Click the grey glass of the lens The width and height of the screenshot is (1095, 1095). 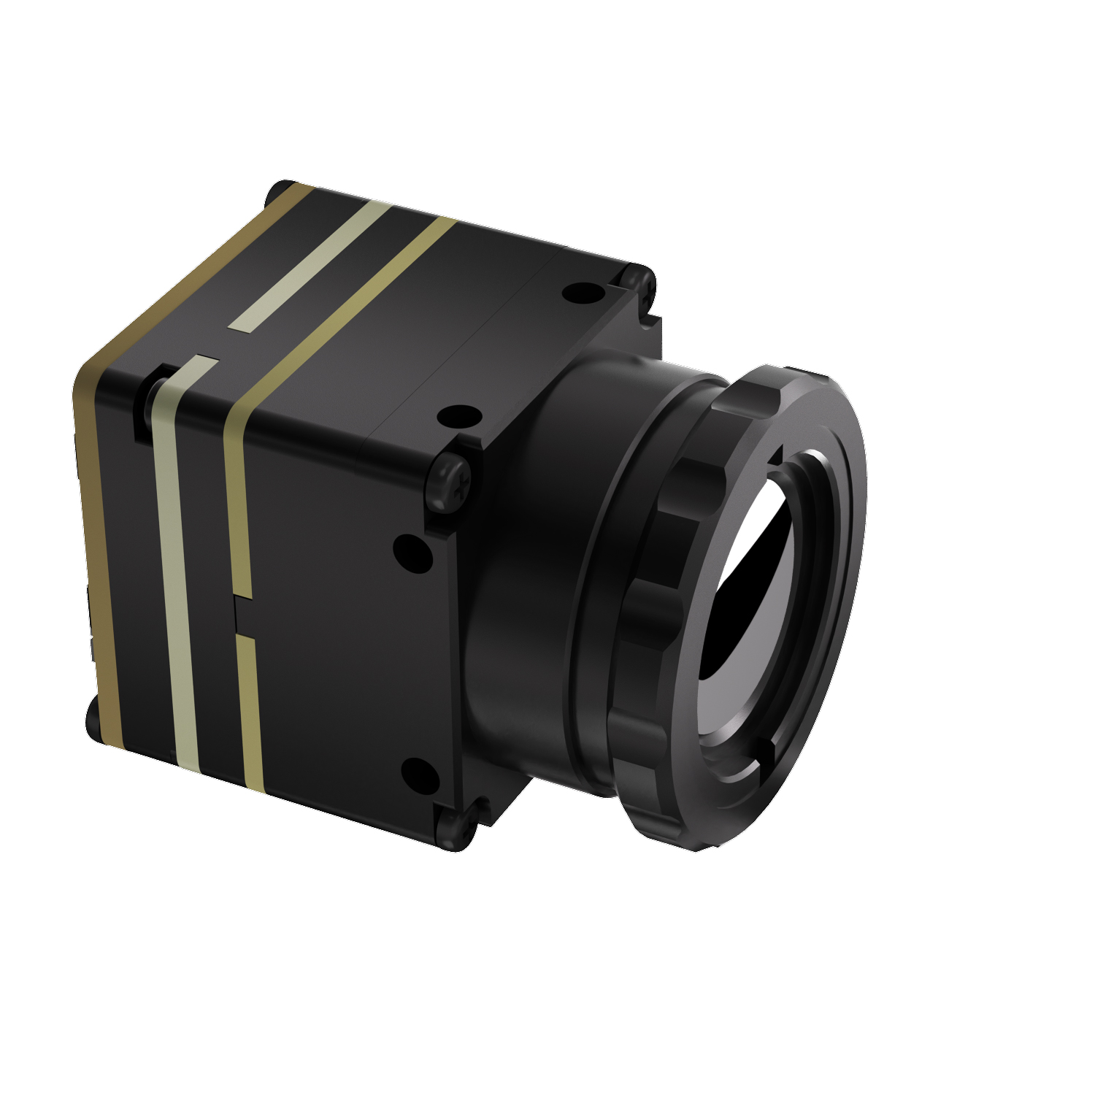pos(752,657)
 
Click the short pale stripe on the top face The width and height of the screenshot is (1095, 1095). pos(310,266)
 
